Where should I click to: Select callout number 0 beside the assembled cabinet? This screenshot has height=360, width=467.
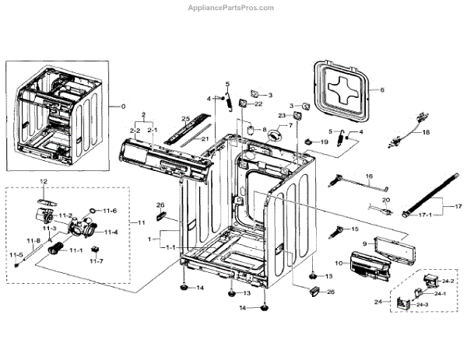[121, 105]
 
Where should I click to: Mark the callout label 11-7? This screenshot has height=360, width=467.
[97, 261]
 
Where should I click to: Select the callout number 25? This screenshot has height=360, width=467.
[185, 118]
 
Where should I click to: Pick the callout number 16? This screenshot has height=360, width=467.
[370, 177]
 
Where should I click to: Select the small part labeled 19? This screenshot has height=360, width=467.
[309, 143]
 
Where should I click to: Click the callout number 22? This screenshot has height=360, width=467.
[258, 104]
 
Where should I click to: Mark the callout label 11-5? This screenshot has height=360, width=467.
[16, 254]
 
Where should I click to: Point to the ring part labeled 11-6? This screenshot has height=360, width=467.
[93, 211]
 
